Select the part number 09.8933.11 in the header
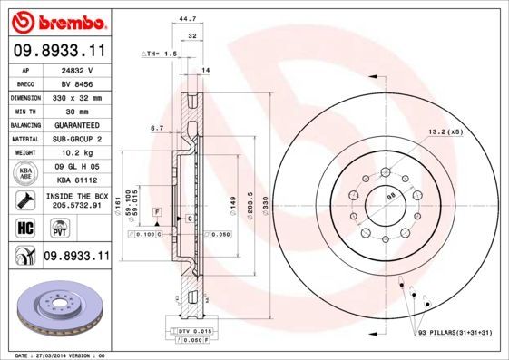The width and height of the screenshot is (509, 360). click(x=57, y=52)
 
